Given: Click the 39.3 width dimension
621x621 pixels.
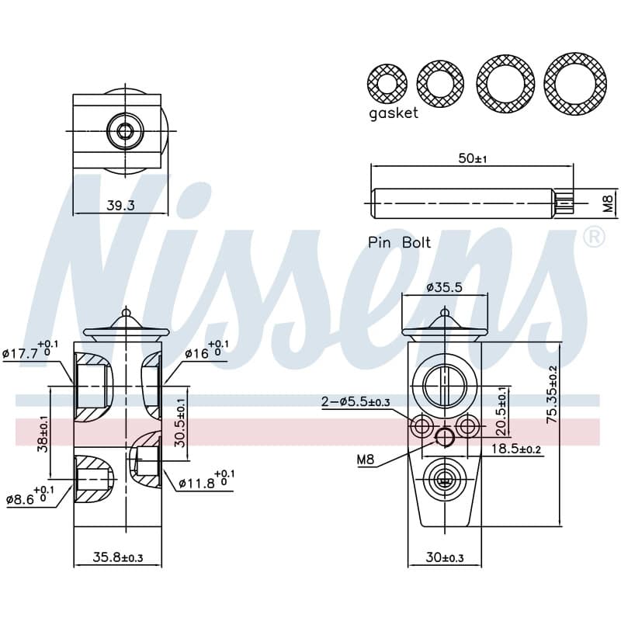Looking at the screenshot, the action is pyautogui.click(x=121, y=205).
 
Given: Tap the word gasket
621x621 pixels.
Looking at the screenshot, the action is pyautogui.click(x=394, y=113).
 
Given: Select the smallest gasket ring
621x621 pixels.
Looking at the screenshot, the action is pyautogui.click(x=387, y=84).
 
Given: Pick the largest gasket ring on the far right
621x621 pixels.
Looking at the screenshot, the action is pyautogui.click(x=574, y=84).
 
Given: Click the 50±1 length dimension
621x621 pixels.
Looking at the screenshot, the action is pyautogui.click(x=473, y=158).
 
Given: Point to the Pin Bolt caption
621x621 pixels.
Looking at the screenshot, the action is pyautogui.click(x=399, y=242).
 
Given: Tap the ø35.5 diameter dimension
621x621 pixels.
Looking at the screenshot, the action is pyautogui.click(x=444, y=286).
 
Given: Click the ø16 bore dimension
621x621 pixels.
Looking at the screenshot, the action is pyautogui.click(x=206, y=349).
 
